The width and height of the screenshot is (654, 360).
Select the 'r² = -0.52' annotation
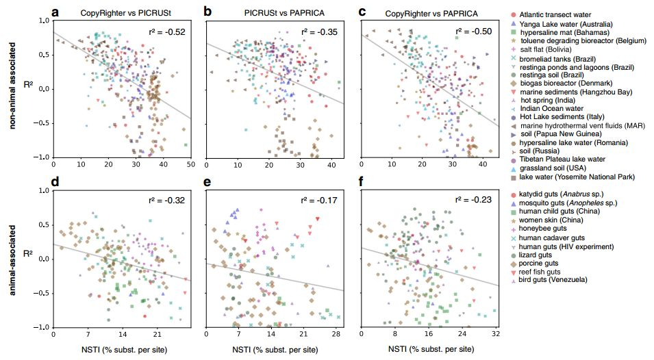tap(166, 31)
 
